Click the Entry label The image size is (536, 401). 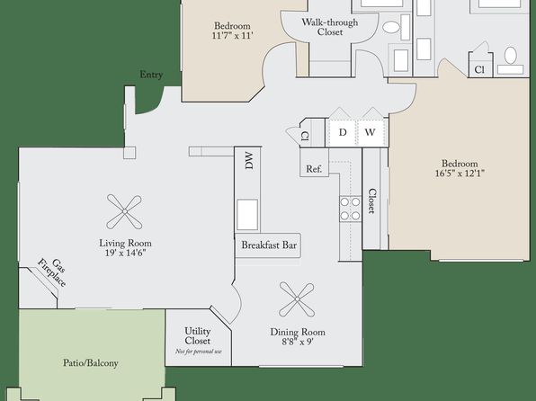(x=151, y=75)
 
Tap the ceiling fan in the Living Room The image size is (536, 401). (x=124, y=212)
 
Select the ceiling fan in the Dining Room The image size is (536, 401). (x=297, y=299)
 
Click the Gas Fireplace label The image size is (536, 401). (x=53, y=272)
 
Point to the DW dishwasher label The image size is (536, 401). (x=249, y=161)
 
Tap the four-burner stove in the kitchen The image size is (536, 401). (x=351, y=209)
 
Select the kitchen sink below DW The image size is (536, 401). (x=247, y=214)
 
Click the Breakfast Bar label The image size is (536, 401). (x=269, y=245)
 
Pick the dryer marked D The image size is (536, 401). (x=343, y=132)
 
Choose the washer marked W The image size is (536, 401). (x=371, y=132)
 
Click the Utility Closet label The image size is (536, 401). (x=197, y=336)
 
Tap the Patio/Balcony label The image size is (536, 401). (x=91, y=363)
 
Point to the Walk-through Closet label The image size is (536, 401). (x=330, y=27)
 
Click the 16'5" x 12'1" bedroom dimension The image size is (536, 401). (x=460, y=174)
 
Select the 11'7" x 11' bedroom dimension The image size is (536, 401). (x=232, y=36)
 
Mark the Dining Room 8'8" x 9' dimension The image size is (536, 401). (x=298, y=342)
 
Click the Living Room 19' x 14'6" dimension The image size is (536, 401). (x=125, y=253)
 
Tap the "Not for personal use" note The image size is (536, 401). (x=199, y=352)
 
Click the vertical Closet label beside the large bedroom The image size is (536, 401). (x=372, y=201)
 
